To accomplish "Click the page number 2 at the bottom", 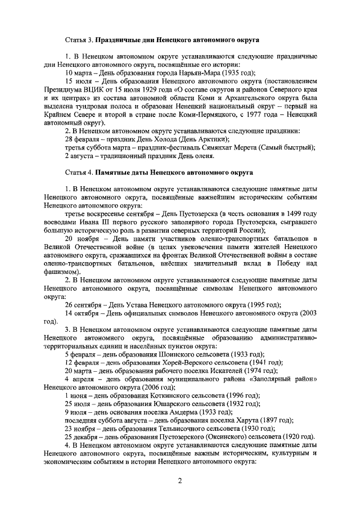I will click(179, 481).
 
